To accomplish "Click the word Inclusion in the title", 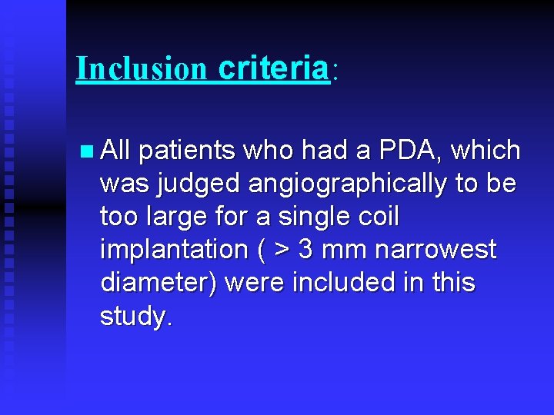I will click(142, 69).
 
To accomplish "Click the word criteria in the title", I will click(273, 69).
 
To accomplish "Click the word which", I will click(486, 151).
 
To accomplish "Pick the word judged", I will click(192, 184).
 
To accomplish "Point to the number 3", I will click(305, 250).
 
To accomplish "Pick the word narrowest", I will click(436, 250).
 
